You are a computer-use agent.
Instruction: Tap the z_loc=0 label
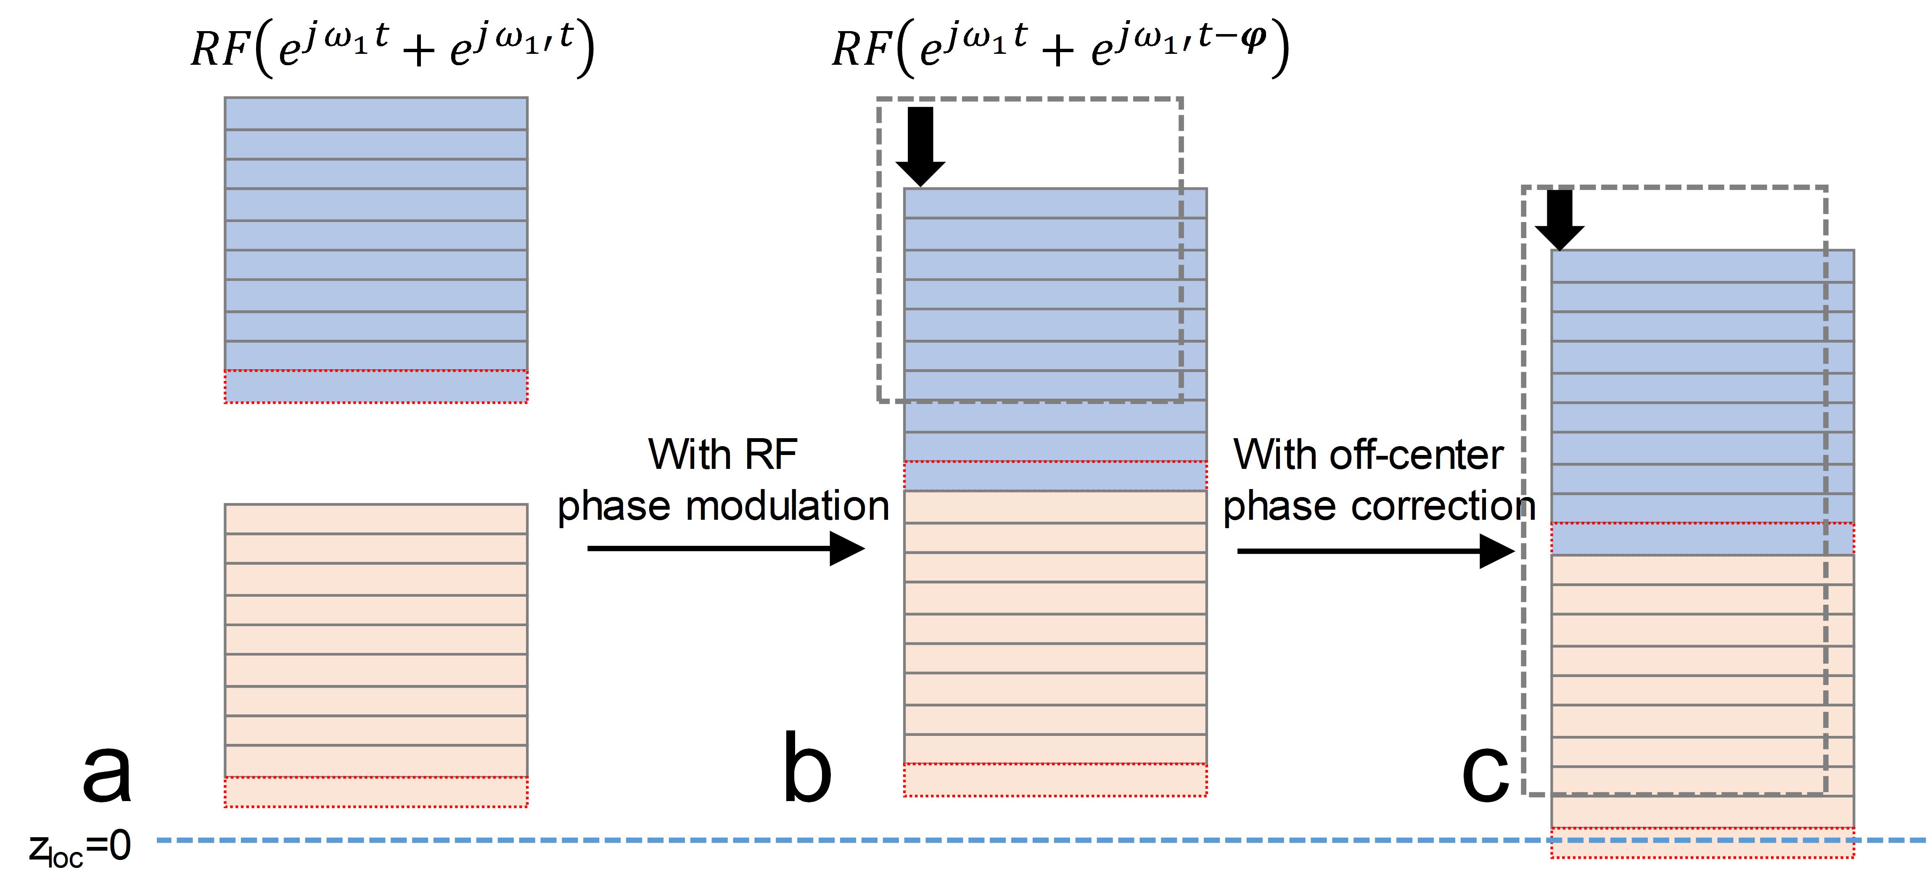point(80,848)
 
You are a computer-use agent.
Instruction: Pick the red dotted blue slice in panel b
point(1055,476)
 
